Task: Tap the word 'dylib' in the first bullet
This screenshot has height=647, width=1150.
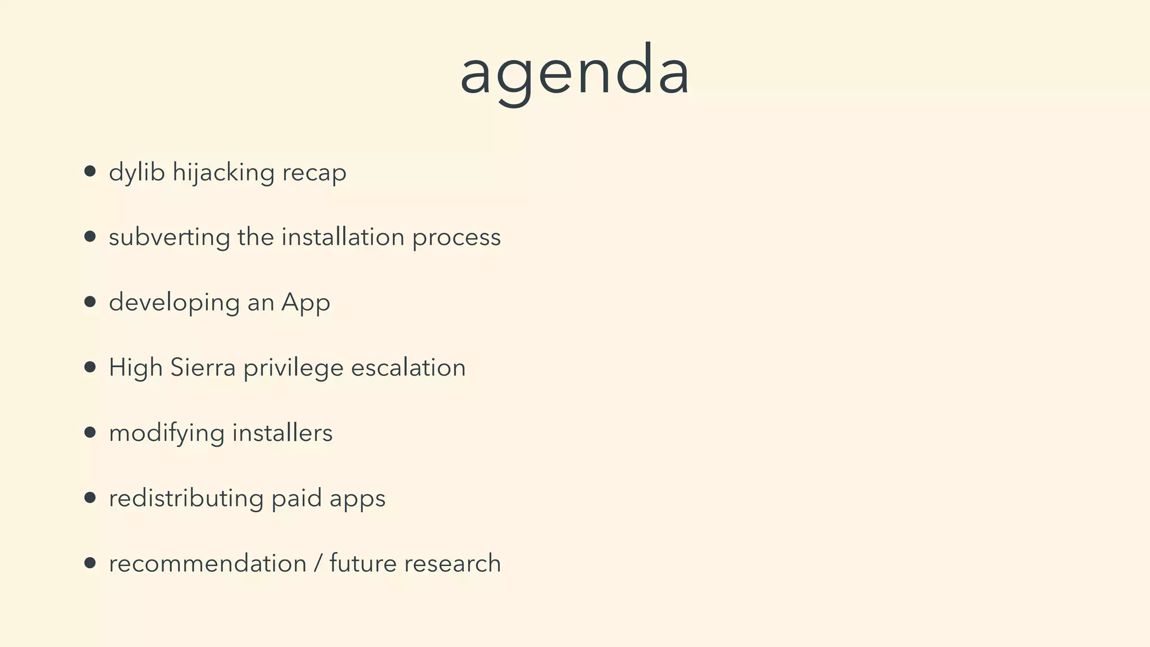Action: click(136, 172)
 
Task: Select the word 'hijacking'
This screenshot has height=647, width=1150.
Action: click(223, 172)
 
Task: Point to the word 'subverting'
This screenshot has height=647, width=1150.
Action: click(169, 238)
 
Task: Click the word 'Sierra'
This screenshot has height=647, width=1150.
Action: click(203, 368)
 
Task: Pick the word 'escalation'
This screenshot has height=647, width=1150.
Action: click(408, 368)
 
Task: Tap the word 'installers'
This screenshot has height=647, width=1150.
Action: click(282, 433)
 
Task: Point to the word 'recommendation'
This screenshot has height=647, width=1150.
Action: click(207, 563)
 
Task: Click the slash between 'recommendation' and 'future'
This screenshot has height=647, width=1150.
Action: click(318, 563)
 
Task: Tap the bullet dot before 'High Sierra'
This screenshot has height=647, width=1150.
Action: click(90, 367)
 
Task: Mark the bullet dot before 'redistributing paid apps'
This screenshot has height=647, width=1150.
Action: click(90, 498)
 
